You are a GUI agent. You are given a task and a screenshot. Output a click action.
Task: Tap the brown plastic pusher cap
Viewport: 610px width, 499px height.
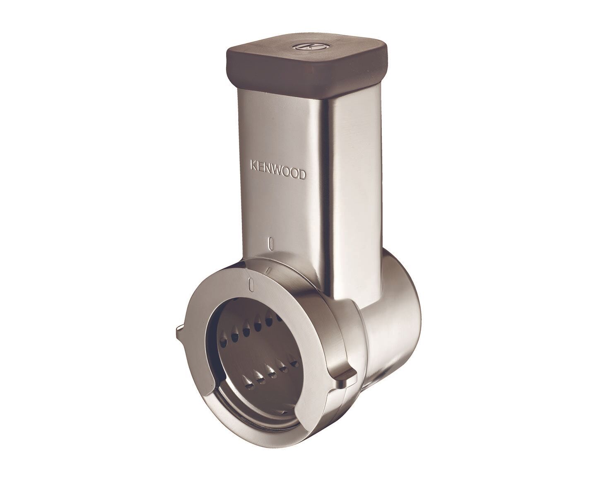(307, 66)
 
